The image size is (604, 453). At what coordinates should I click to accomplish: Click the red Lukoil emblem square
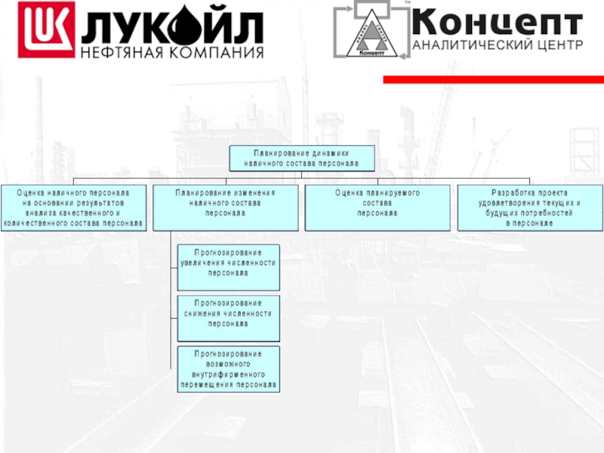[x=46, y=29]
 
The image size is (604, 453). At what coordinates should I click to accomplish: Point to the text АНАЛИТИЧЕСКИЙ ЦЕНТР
[x=498, y=45]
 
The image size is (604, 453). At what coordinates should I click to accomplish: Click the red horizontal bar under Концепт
[x=494, y=79]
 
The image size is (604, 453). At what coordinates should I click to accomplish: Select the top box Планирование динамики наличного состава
[x=302, y=158]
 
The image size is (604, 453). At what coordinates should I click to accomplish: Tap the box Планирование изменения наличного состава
[x=226, y=204]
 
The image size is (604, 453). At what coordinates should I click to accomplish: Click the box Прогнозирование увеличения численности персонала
[x=228, y=267]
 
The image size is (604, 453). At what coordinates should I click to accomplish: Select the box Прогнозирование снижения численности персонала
[x=228, y=318]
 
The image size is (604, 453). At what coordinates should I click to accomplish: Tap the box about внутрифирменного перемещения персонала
[x=228, y=369]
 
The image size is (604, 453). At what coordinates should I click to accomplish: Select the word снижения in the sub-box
[x=207, y=313]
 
